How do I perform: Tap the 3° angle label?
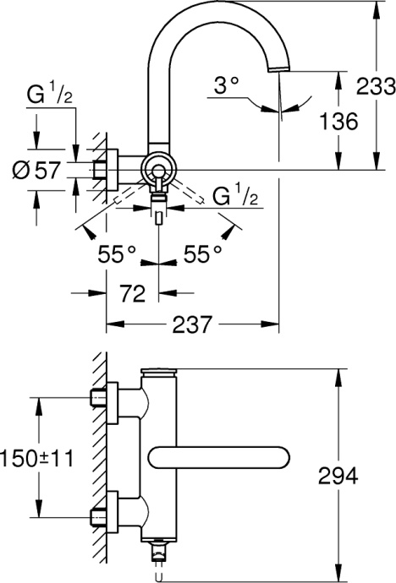[x=226, y=86]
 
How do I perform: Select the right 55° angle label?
[x=203, y=253]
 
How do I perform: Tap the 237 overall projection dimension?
[x=194, y=325]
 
